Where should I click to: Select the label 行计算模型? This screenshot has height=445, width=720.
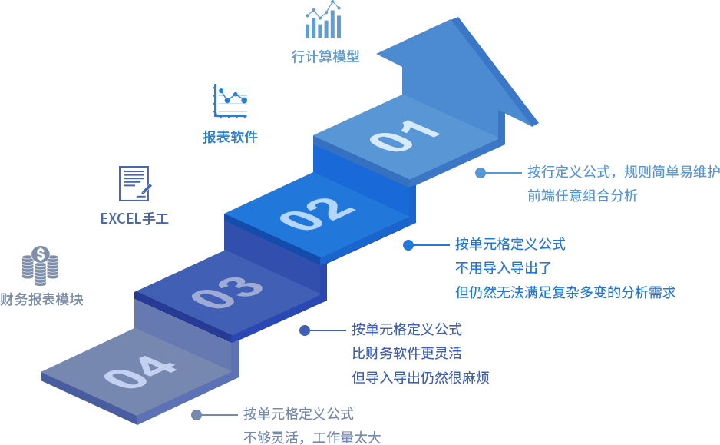click(325, 56)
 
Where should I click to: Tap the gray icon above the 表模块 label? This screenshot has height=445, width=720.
click(40, 265)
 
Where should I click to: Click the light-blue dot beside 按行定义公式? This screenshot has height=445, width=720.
click(481, 173)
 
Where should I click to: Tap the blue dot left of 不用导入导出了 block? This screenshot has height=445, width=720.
click(408, 245)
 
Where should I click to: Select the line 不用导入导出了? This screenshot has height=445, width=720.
click(503, 268)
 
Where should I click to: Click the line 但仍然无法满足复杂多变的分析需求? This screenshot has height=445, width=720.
click(565, 292)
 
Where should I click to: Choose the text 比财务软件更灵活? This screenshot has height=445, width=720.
click(406, 354)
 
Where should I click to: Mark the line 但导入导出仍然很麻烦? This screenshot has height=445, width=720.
click(420, 377)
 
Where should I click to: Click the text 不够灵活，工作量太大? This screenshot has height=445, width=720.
click(312, 438)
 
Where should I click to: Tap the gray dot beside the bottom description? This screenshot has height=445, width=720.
click(197, 415)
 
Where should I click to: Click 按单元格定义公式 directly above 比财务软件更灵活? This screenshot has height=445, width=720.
click(406, 330)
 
